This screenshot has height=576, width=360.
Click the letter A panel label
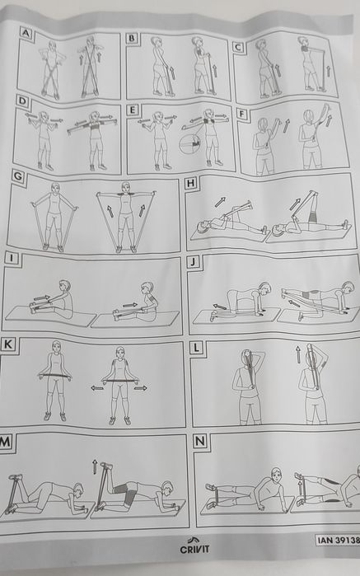coord(26,34)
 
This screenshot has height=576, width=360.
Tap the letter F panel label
coord(241,115)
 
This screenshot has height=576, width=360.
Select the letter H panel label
coord(190,183)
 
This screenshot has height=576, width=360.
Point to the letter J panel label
coord(193,262)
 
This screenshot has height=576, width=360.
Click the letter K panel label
coord(8,344)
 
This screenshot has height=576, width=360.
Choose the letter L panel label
coord(197,348)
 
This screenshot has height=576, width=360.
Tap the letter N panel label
coord(200,441)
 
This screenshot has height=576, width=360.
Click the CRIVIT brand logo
coord(194,546)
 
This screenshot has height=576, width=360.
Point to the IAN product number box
coord(338,540)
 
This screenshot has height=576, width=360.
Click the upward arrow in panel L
coord(298,354)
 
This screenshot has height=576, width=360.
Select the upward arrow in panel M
coord(95,466)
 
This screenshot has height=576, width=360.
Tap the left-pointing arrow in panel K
coord(97,388)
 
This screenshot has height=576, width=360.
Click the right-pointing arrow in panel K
coord(141,387)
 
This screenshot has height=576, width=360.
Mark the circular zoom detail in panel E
coord(189,143)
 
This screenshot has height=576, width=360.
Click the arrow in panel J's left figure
coord(220,307)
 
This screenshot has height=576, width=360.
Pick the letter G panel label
coord(18,176)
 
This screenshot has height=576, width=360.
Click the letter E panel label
coord(133,110)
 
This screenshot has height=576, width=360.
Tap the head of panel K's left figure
coord(56,345)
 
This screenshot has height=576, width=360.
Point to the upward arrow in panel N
coord(300,488)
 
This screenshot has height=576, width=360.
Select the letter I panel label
coord(11,258)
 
